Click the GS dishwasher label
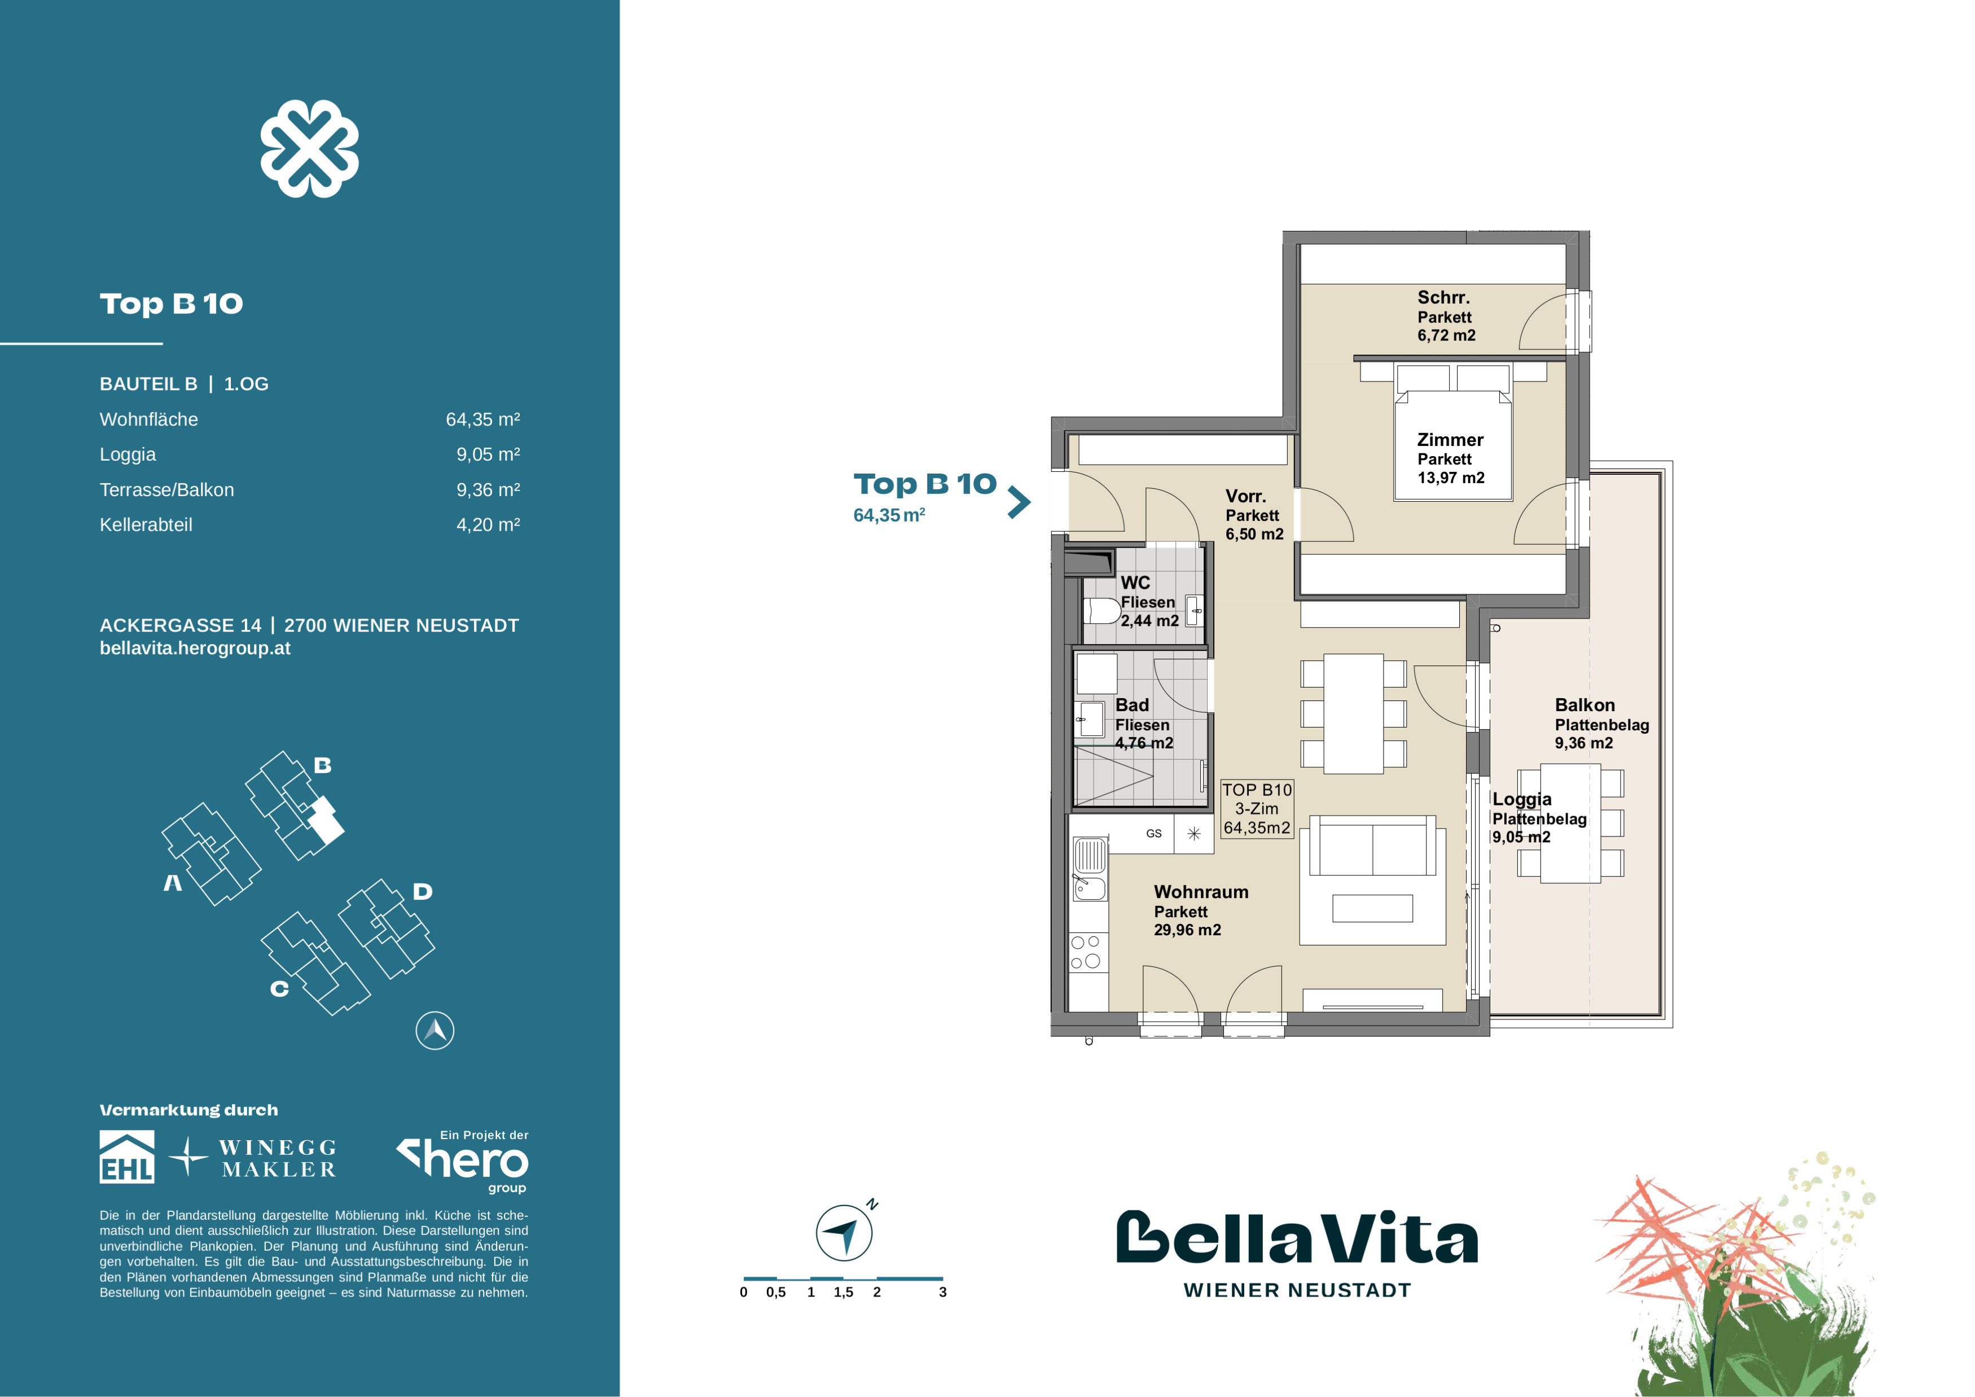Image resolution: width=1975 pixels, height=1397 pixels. coord(1153,834)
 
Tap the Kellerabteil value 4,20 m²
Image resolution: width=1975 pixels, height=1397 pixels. coord(488,525)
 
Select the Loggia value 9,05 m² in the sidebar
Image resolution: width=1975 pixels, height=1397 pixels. coord(488,454)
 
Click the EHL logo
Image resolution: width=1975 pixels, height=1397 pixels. coord(128,1157)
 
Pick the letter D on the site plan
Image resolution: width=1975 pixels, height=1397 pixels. coord(422,891)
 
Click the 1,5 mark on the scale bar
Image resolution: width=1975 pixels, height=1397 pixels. coord(843,1292)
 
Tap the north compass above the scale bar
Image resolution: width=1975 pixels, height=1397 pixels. coord(844,1233)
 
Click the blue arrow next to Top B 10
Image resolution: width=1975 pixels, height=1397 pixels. coord(1019,502)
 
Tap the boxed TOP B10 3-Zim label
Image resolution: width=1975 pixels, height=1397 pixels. coord(1257,809)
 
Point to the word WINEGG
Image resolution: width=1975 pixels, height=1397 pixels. coord(278,1148)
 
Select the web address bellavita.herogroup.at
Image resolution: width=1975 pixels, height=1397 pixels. coord(195,649)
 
